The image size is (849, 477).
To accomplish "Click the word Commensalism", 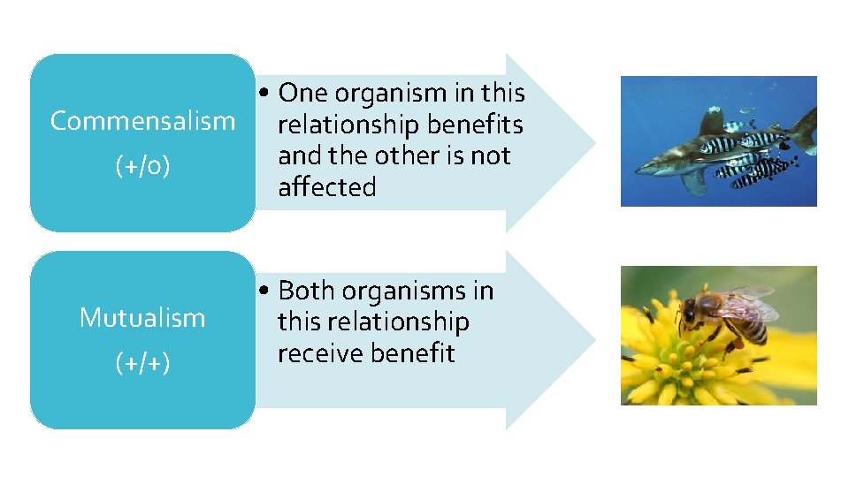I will pyautogui.click(x=142, y=121).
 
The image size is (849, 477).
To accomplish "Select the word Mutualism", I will pyautogui.click(x=142, y=317).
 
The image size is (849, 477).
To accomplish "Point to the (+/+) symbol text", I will pyautogui.click(x=142, y=363).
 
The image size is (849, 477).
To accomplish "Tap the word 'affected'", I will pyautogui.click(x=326, y=187).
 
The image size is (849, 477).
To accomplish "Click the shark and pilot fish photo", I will pyautogui.click(x=718, y=141).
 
